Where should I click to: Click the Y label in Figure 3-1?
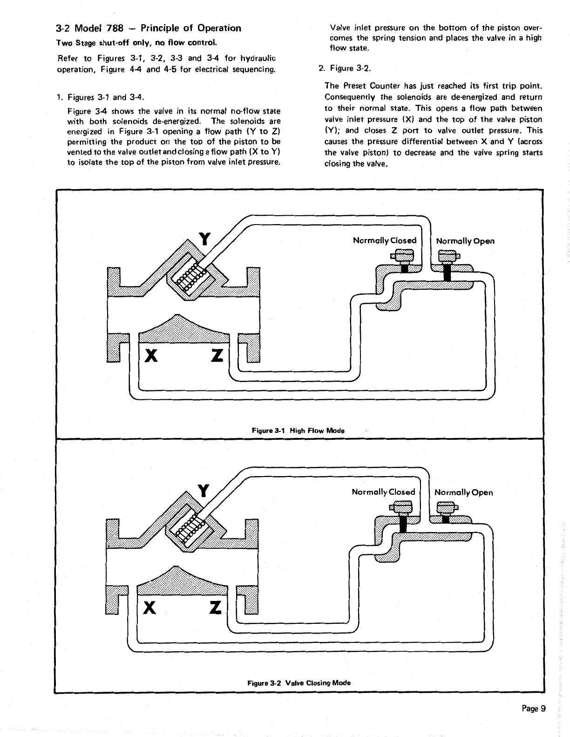point(204,239)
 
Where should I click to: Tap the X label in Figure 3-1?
point(150,356)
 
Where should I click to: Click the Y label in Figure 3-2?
point(203,490)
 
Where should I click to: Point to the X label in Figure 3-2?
point(149,607)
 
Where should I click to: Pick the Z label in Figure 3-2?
point(215,607)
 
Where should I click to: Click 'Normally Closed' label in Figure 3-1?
point(385,240)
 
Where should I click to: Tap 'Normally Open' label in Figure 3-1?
point(465,241)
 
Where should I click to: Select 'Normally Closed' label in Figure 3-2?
point(383,492)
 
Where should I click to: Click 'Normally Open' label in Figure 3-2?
point(463,492)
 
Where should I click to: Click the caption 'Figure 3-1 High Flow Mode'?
point(298,430)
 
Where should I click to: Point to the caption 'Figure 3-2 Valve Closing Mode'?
point(299,682)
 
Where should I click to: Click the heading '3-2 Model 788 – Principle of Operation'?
point(149,28)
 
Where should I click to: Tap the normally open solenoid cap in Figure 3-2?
point(447,507)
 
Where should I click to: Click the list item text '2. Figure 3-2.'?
point(345,68)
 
